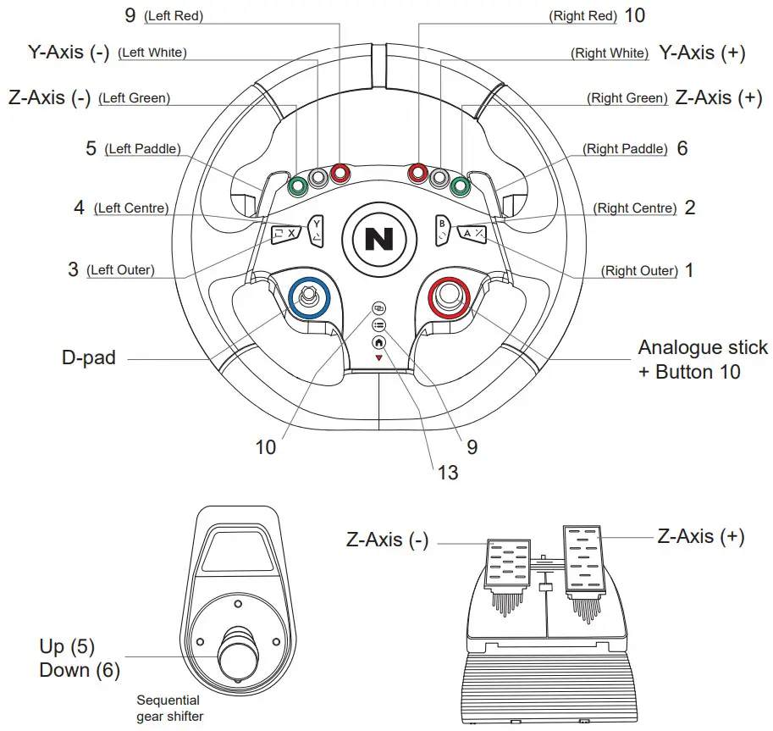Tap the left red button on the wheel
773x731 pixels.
[x=340, y=174]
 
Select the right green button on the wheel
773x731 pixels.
[x=460, y=185]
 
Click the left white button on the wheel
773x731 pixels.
[x=318, y=179]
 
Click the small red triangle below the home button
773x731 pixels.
[x=378, y=358]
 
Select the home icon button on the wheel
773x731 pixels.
[x=378, y=342]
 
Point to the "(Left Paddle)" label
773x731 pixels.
[x=142, y=149]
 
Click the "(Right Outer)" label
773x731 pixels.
[x=639, y=271]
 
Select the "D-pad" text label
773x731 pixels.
[x=88, y=357]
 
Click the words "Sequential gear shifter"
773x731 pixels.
[x=169, y=708]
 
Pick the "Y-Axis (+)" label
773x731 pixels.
[x=702, y=53]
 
